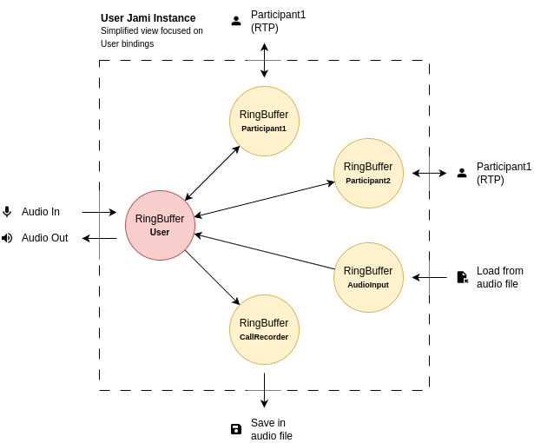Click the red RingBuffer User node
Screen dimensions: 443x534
[x=160, y=225]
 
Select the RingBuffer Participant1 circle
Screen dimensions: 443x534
[x=264, y=121]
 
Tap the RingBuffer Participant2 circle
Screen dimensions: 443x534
[x=368, y=173]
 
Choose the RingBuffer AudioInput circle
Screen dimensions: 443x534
[x=368, y=277]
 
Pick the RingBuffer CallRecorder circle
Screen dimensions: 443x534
[x=264, y=329]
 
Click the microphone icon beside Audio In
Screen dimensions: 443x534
[x=7, y=212]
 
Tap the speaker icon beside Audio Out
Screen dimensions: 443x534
[x=7, y=238]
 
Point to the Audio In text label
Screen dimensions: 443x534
[x=41, y=212]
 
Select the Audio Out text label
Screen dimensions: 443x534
[x=44, y=238]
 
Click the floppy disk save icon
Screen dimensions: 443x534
[x=236, y=429]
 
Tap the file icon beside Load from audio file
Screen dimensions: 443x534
[x=462, y=277]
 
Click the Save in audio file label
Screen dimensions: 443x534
[x=272, y=429]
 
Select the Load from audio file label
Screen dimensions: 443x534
[x=500, y=277]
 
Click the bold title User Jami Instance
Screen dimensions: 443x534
[x=148, y=18]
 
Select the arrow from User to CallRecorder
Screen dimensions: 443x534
[x=212, y=277]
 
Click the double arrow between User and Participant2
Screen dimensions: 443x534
[x=264, y=199]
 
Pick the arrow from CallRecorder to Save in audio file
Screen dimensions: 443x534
[x=264, y=390]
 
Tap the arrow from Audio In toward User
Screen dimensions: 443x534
[x=99, y=212]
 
